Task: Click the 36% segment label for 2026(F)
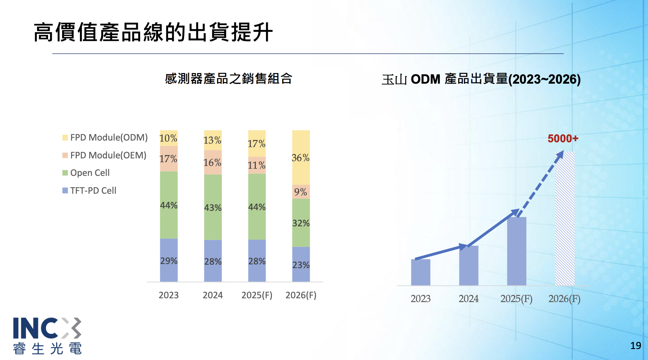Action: tap(300, 158)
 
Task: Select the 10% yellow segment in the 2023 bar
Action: tap(168, 138)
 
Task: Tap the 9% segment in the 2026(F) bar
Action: tap(301, 192)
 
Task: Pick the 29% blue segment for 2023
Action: tap(169, 261)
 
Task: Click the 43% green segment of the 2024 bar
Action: tap(213, 207)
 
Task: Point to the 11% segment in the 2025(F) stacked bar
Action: tap(256, 165)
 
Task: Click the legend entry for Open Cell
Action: tap(90, 173)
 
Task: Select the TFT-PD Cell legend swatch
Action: tap(65, 191)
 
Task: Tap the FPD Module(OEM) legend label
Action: tap(108, 155)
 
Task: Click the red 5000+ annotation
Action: tap(563, 139)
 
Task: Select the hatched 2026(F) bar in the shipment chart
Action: tap(565, 219)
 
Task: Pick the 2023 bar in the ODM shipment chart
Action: tap(420, 272)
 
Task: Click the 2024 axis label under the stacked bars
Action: tap(213, 295)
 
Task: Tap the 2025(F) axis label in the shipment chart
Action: tap(516, 299)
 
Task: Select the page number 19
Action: tap(635, 346)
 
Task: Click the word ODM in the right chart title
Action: tap(425, 79)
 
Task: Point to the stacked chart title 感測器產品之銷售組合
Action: tap(228, 79)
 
